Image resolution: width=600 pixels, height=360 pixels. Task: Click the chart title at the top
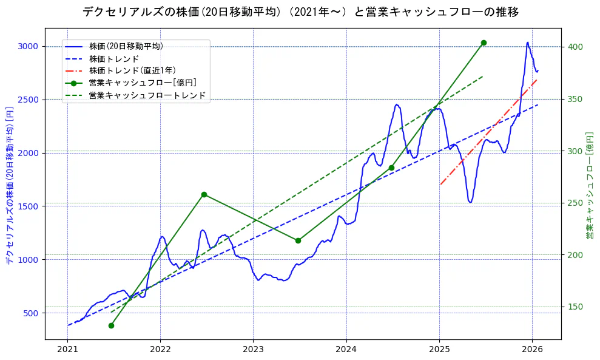300,12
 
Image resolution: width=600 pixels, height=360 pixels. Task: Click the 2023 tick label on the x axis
253,350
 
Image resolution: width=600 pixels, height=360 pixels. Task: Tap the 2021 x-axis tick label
67,350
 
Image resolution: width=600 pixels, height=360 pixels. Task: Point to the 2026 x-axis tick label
532,350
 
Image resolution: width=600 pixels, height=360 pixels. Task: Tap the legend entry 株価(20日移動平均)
126,46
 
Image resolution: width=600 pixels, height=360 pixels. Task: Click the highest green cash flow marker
484,42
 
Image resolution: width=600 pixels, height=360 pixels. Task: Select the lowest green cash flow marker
111,325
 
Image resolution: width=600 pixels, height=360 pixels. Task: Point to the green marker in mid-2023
298,240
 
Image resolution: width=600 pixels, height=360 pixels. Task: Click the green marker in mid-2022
204,194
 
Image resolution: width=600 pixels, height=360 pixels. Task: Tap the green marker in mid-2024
391,168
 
